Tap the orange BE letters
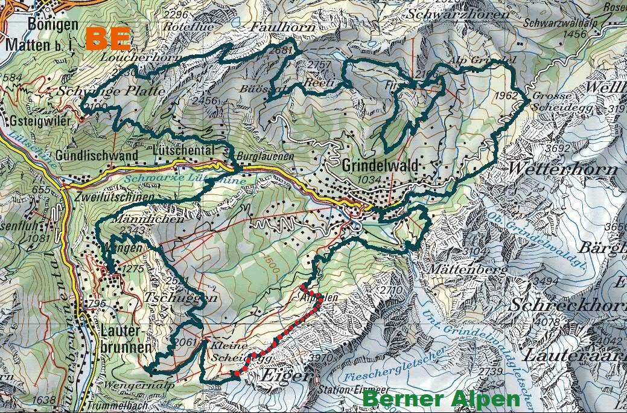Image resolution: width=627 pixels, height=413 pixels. (x=108, y=37)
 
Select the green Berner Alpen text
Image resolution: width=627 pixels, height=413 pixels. (x=442, y=399)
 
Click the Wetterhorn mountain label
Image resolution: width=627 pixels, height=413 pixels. (x=563, y=168)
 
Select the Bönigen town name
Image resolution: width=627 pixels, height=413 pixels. (x=53, y=25)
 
